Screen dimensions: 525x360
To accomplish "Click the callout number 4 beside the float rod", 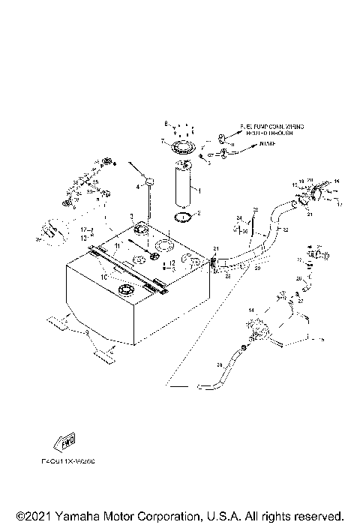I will [138, 185].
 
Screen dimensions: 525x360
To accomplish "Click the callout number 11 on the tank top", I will [117, 245].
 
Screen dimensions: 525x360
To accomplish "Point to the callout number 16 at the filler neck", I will [337, 181].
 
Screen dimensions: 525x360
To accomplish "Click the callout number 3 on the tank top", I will [132, 215].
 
